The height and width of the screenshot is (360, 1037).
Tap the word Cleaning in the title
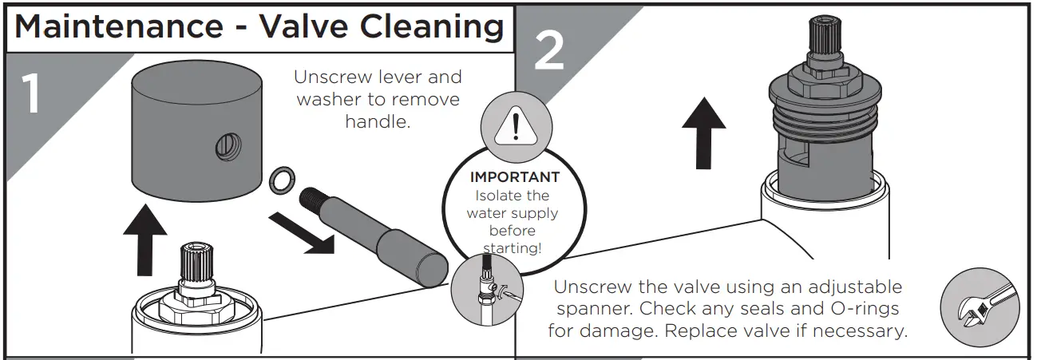pyautogui.click(x=432, y=26)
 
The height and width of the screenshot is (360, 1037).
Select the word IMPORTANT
pyautogui.click(x=515, y=177)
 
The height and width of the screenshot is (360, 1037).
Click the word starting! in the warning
pyautogui.click(x=515, y=248)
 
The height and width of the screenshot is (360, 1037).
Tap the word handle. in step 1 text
pyautogui.click(x=377, y=122)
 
